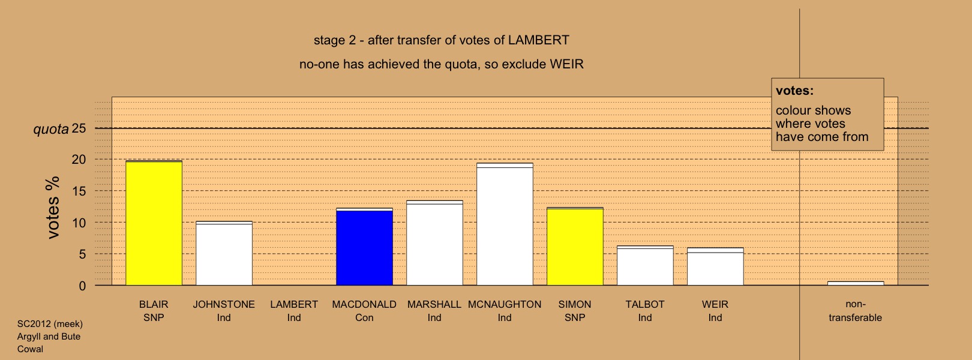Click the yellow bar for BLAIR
[x=154, y=223]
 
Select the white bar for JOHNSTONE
[x=224, y=253]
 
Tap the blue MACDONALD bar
[x=365, y=247]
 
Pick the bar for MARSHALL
[x=434, y=243]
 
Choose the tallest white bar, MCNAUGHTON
[x=505, y=224]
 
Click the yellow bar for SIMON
[x=575, y=247]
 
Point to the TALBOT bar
[x=645, y=265]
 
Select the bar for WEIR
[x=715, y=266]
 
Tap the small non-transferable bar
[x=856, y=283]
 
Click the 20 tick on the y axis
[x=79, y=160]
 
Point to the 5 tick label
[x=82, y=254]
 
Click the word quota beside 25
[x=51, y=129]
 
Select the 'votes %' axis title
[x=53, y=208]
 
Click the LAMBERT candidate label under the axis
[x=294, y=304]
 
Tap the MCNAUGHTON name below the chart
[x=505, y=304]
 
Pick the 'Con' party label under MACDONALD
[x=365, y=317]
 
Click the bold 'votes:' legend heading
[x=794, y=91]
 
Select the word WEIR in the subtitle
[x=566, y=64]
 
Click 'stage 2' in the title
[x=335, y=41]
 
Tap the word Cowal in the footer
[x=30, y=349]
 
